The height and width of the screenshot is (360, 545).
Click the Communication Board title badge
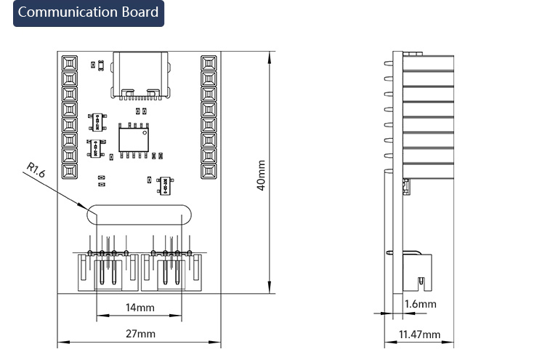click(89, 13)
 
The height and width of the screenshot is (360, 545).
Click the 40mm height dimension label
click(261, 175)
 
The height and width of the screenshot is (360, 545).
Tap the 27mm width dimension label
click(140, 334)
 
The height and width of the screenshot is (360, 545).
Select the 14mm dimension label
click(140, 308)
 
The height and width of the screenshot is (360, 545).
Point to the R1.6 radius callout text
click(36, 169)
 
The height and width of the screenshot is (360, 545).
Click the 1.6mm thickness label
click(420, 304)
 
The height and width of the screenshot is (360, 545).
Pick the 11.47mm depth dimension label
click(419, 335)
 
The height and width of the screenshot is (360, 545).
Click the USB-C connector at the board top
click(140, 75)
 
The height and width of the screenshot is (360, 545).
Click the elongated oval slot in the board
click(139, 215)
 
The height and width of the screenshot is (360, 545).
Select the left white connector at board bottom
click(108, 272)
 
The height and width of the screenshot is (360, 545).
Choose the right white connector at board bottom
click(171, 272)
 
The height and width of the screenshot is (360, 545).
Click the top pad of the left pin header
click(70, 63)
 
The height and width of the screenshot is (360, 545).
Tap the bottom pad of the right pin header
click(209, 171)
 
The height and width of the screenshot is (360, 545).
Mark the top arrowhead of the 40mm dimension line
click(270, 57)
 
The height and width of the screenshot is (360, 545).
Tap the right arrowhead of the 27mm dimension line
click(215, 343)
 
